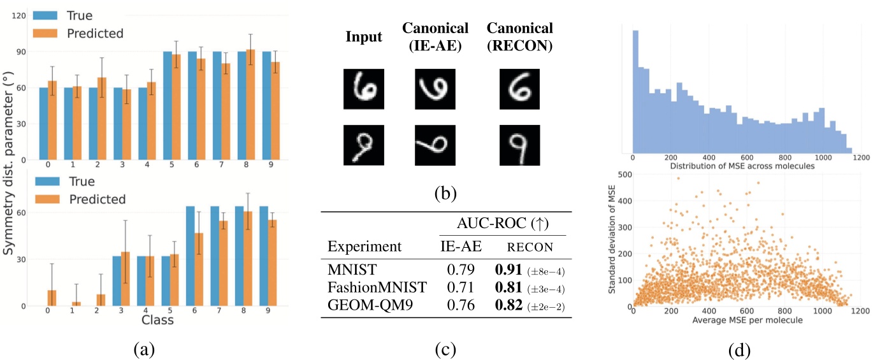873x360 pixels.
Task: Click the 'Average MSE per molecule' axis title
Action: click(746, 319)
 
